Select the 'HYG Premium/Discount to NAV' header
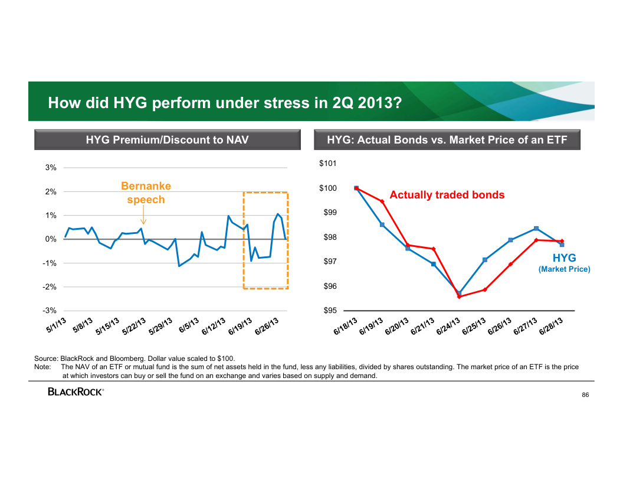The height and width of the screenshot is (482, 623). click(167, 140)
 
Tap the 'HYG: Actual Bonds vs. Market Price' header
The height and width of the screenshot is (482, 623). click(447, 140)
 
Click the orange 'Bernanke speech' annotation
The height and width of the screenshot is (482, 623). click(146, 193)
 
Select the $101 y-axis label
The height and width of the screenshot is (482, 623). click(329, 163)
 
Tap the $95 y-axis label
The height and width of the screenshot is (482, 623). click(329, 311)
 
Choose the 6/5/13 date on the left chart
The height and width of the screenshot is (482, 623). click(189, 325)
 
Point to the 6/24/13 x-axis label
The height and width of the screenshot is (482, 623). click(448, 327)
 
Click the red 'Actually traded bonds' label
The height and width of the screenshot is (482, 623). click(447, 195)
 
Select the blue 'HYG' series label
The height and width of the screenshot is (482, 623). click(564, 258)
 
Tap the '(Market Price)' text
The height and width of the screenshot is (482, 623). click(564, 269)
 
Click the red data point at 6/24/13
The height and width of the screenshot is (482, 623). click(459, 297)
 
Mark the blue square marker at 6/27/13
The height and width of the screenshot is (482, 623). click(536, 229)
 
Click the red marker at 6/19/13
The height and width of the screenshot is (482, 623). click(382, 201)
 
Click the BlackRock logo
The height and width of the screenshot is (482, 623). click(76, 392)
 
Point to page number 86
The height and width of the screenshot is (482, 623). click(585, 395)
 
